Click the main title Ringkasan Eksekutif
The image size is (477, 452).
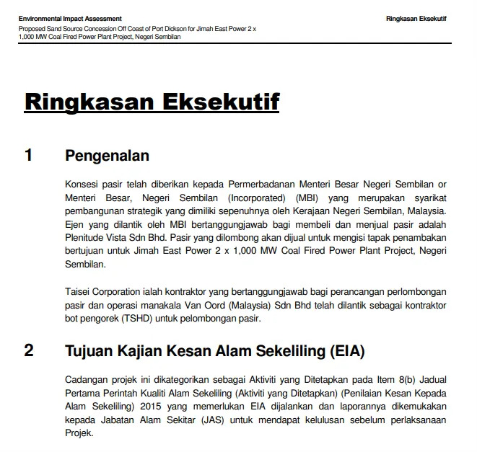click(x=152, y=101)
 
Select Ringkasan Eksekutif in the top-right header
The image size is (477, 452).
click(x=416, y=18)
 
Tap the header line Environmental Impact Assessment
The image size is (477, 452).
click(x=70, y=18)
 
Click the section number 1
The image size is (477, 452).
click(x=28, y=155)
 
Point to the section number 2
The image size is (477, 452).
click(x=28, y=351)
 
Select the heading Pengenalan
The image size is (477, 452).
click(x=107, y=155)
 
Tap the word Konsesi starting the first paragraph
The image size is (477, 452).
click(x=80, y=184)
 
